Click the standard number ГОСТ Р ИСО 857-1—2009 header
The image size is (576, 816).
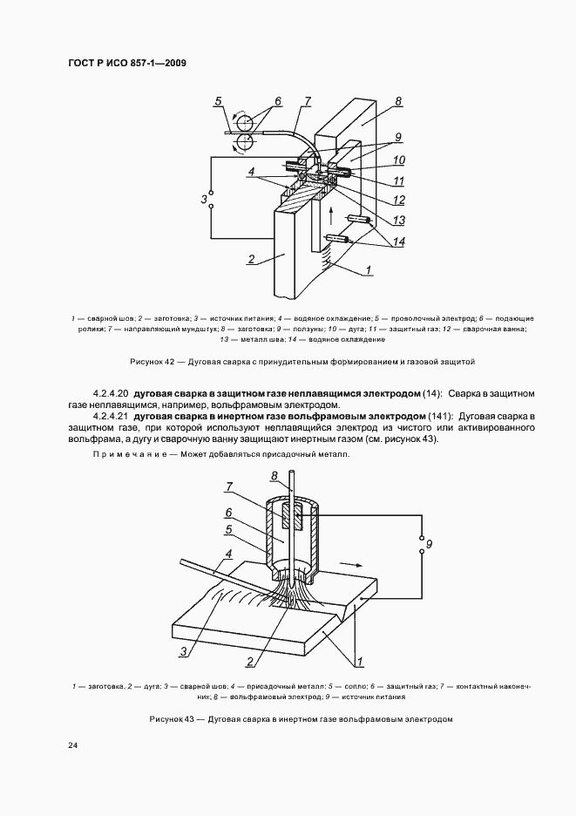point(126,63)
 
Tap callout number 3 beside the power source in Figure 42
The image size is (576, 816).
point(203,201)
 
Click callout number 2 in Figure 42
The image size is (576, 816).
point(251,259)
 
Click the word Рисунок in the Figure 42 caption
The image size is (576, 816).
point(145,360)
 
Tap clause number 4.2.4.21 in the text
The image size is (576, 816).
point(111,417)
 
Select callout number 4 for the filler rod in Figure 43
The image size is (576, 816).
point(228,554)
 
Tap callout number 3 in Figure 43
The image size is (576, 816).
point(184,651)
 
